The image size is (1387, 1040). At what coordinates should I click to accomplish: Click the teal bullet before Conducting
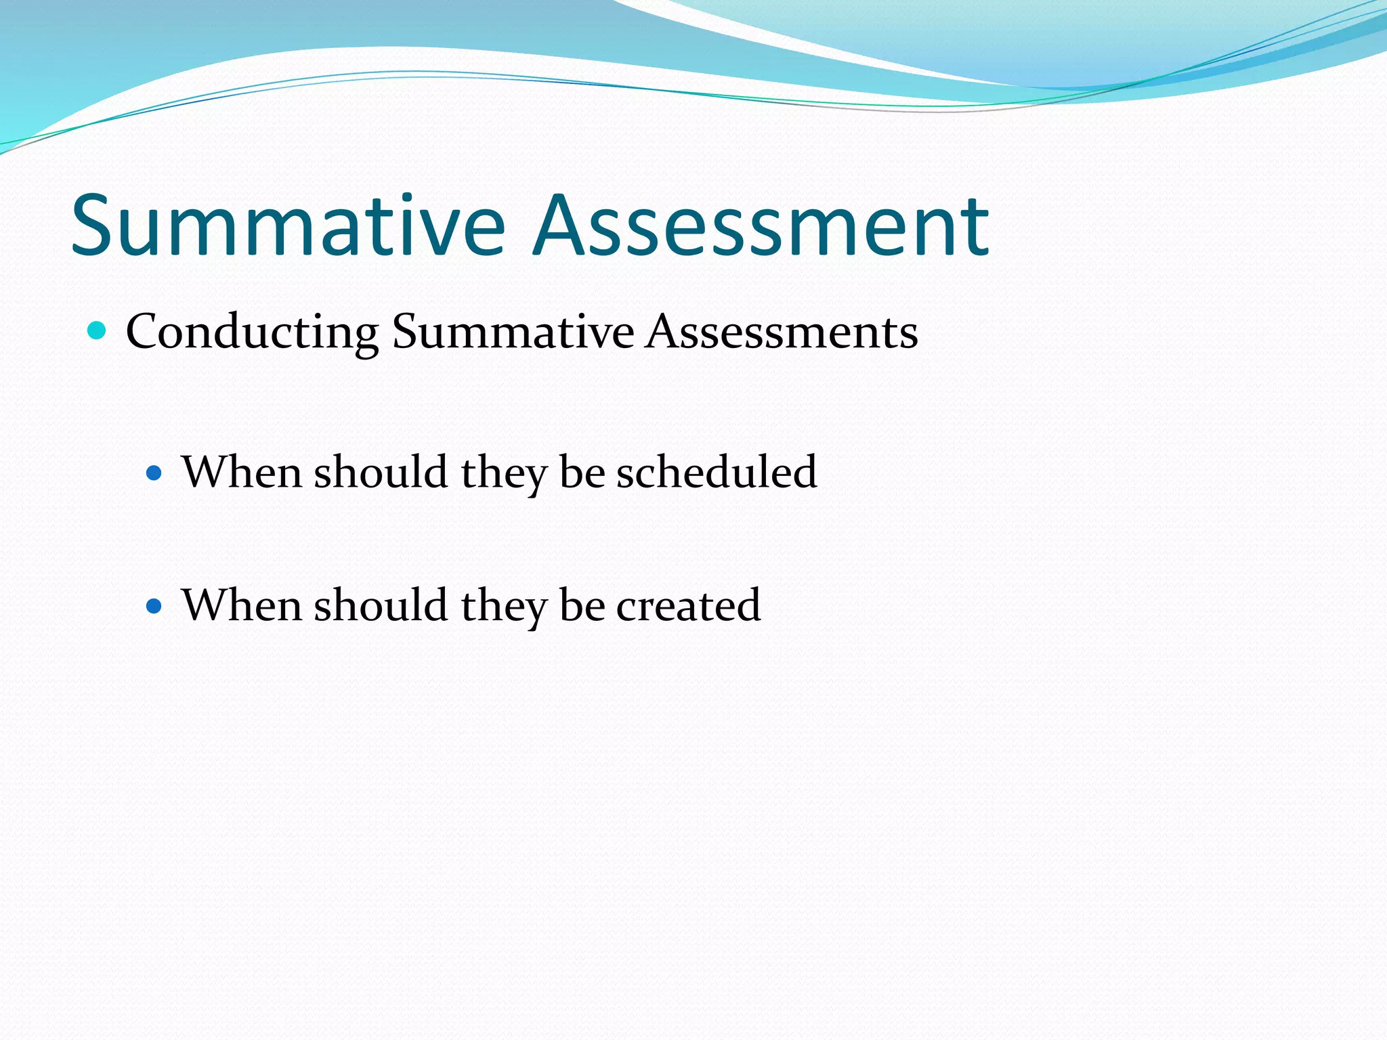(x=98, y=331)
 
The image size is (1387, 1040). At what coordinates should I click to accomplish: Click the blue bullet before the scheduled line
(x=154, y=472)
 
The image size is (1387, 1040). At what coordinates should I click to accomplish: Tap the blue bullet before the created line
(x=154, y=605)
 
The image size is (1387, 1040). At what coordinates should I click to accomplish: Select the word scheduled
(x=716, y=472)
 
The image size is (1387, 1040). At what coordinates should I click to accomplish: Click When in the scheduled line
(x=241, y=472)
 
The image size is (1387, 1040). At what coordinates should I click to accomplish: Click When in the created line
(x=241, y=605)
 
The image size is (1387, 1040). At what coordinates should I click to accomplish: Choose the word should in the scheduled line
(x=381, y=472)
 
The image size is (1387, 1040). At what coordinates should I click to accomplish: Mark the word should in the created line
(x=381, y=605)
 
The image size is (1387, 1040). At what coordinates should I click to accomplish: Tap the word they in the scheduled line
(x=503, y=472)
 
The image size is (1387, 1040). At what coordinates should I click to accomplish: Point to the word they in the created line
(x=503, y=605)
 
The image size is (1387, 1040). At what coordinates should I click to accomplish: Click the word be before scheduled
(x=582, y=472)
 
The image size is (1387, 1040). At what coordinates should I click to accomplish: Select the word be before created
(x=582, y=605)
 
